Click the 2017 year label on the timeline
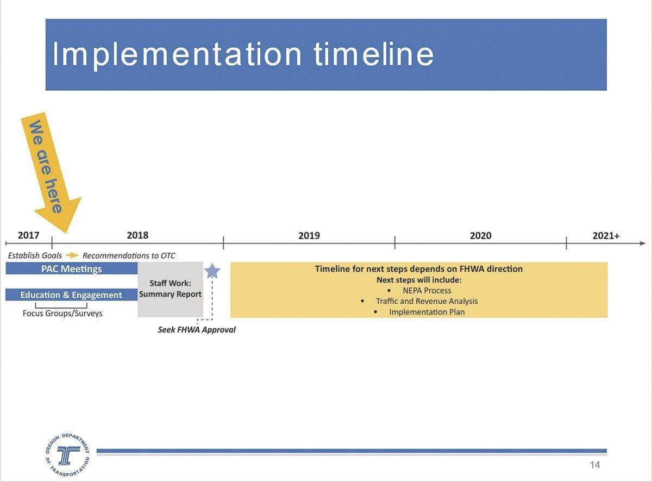pyautogui.click(x=28, y=235)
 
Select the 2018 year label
pyautogui.click(x=137, y=235)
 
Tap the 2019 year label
pyautogui.click(x=309, y=235)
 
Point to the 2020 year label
pyautogui.click(x=480, y=235)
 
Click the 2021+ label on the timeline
pyautogui.click(x=606, y=235)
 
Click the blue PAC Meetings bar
pyautogui.click(x=71, y=268)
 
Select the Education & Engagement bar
pyautogui.click(x=71, y=295)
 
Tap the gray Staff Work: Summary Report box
pyautogui.click(x=170, y=290)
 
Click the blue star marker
pyautogui.click(x=212, y=271)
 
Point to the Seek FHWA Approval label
pyautogui.click(x=197, y=330)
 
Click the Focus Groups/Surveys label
pyautogui.click(x=62, y=313)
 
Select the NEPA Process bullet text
pyautogui.click(x=427, y=291)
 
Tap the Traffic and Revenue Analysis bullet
pyautogui.click(x=427, y=301)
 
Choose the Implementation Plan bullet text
pyautogui.click(x=427, y=312)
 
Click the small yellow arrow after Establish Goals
pyautogui.click(x=72, y=255)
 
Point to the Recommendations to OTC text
pyautogui.click(x=129, y=255)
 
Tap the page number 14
pyautogui.click(x=594, y=465)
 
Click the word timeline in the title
pyautogui.click(x=373, y=54)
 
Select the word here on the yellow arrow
pyautogui.click(x=53, y=196)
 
